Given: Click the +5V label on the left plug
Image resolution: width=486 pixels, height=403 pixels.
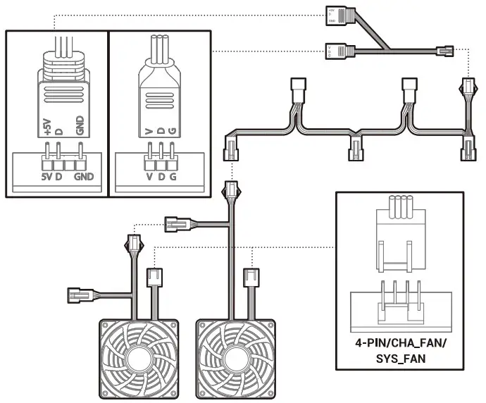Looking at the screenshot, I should tap(47, 126).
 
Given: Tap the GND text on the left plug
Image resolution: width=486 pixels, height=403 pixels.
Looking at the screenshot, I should tap(80, 126).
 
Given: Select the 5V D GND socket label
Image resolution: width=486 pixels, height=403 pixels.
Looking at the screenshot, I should tap(67, 176).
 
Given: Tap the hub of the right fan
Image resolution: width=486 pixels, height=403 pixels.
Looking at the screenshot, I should tap(235, 359).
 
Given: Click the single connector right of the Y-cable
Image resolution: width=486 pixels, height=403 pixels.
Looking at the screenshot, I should tap(446, 51).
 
